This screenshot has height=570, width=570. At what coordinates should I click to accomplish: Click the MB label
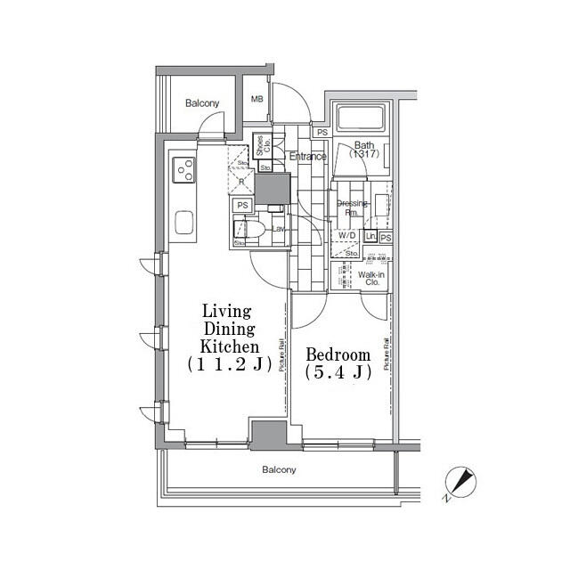tap(256, 100)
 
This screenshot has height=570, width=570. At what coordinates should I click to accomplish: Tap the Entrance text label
tap(308, 157)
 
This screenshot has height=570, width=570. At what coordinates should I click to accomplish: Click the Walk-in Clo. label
tap(371, 280)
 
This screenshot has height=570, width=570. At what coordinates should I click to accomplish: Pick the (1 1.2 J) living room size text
tap(230, 363)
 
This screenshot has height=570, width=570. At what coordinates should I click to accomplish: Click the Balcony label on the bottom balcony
tap(279, 469)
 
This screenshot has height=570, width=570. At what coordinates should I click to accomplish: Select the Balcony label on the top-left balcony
tap(202, 104)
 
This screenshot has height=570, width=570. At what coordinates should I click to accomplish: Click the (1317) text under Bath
tap(364, 155)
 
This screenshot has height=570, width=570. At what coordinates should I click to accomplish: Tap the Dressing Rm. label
tap(353, 208)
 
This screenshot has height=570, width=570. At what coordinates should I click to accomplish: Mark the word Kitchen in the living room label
tap(230, 346)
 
